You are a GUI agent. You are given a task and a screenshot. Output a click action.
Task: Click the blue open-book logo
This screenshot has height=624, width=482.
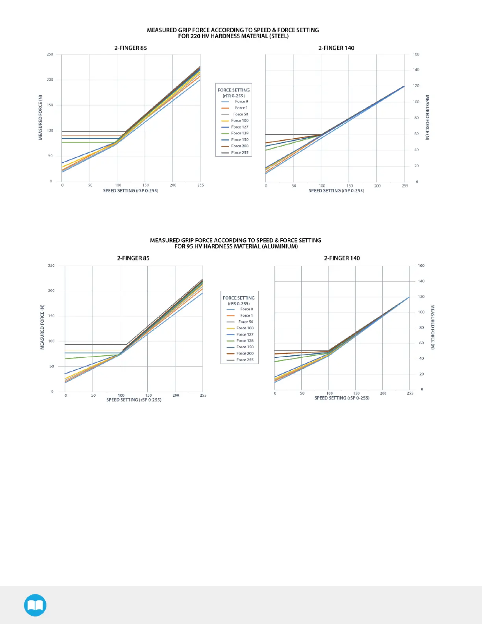[x=35, y=605]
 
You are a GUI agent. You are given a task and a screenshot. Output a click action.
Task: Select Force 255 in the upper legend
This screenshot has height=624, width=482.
[x=239, y=153]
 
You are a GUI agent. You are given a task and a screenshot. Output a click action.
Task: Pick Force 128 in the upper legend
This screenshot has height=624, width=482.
[x=239, y=134]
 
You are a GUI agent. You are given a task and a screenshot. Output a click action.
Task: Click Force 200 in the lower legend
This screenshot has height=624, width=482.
[x=245, y=354]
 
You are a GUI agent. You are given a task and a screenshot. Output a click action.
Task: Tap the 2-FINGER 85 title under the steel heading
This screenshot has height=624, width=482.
[x=130, y=48]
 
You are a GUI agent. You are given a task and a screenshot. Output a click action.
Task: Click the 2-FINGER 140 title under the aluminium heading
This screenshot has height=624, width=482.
[x=342, y=258]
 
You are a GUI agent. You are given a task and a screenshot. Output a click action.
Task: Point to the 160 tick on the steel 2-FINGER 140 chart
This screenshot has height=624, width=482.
[x=416, y=54]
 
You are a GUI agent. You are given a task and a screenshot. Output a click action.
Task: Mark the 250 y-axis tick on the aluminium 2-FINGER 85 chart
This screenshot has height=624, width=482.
[x=51, y=266]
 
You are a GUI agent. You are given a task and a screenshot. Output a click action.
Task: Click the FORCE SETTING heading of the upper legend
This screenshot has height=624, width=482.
[x=234, y=90]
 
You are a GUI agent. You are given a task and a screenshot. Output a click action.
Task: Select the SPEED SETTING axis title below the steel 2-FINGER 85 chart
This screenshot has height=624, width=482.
[x=130, y=191]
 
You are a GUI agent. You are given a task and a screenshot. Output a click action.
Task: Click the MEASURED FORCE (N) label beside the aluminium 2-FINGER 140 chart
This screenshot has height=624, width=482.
[x=432, y=327]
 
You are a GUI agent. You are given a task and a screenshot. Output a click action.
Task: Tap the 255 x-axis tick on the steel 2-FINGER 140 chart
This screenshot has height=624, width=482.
[x=405, y=186]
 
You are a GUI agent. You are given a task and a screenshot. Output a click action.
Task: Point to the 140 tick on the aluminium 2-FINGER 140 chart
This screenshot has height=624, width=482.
[x=421, y=281]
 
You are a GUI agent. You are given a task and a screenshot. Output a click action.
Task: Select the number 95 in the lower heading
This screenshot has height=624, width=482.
[x=190, y=247]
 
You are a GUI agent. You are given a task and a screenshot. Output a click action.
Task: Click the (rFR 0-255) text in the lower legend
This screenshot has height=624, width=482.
[x=239, y=304]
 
